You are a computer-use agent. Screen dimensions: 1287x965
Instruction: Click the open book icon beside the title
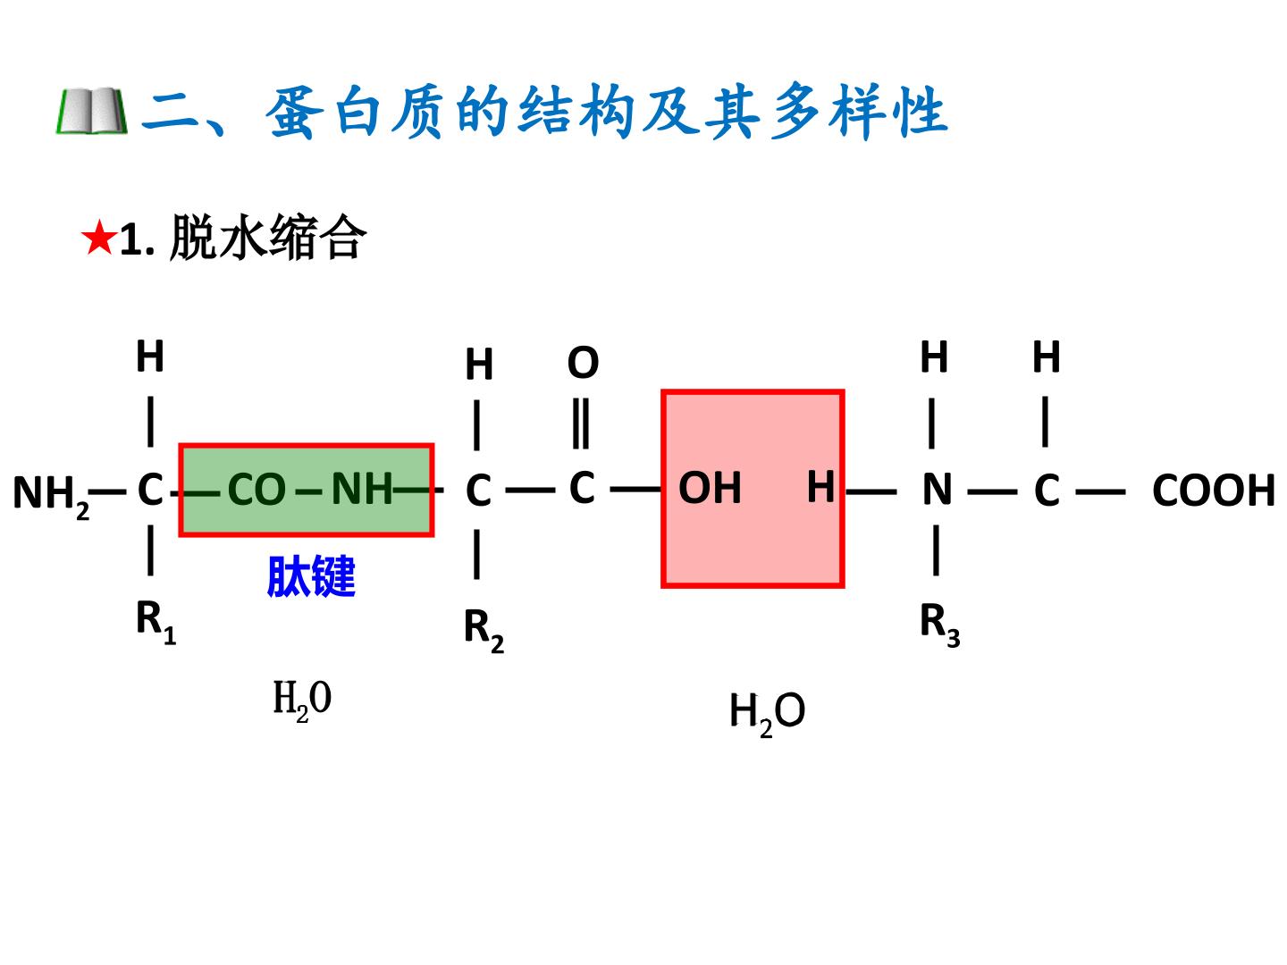pyautogui.click(x=92, y=111)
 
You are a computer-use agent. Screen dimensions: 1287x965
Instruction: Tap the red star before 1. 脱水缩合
pyautogui.click(x=98, y=238)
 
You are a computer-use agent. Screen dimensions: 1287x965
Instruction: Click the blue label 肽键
pyautogui.click(x=311, y=576)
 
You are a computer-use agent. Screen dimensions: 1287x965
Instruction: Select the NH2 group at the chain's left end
pyautogui.click(x=51, y=496)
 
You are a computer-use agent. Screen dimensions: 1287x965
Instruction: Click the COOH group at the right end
pyautogui.click(x=1213, y=490)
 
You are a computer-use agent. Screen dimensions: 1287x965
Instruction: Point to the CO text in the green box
pyautogui.click(x=257, y=490)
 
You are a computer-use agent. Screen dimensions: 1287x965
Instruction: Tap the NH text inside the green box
pyautogui.click(x=362, y=489)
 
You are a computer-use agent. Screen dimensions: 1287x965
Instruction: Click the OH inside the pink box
pyautogui.click(x=710, y=488)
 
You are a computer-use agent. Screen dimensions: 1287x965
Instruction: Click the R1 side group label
pyautogui.click(x=156, y=622)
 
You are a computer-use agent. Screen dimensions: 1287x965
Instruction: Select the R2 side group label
pyautogui.click(x=484, y=631)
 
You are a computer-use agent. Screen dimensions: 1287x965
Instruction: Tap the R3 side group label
pyautogui.click(x=940, y=625)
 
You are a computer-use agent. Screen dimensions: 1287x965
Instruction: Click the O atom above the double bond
pyautogui.click(x=583, y=362)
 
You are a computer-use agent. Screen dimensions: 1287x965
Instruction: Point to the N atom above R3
pyautogui.click(x=937, y=490)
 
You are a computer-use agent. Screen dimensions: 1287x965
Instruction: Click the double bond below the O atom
pyautogui.click(x=581, y=424)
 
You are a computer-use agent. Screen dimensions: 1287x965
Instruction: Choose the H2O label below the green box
pyautogui.click(x=302, y=701)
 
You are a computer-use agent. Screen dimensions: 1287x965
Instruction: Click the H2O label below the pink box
pyautogui.click(x=767, y=714)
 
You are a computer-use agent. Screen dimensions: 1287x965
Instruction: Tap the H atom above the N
pyautogui.click(x=934, y=357)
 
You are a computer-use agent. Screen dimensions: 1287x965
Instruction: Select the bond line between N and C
pyautogui.click(x=992, y=492)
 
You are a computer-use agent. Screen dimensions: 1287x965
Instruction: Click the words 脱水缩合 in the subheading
pyautogui.click(x=268, y=238)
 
